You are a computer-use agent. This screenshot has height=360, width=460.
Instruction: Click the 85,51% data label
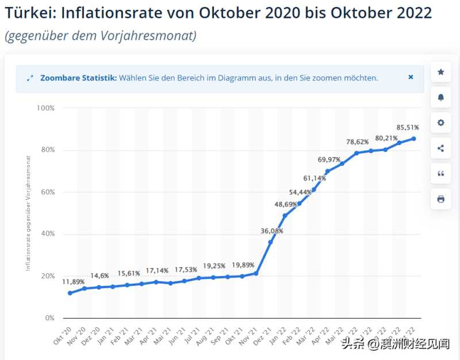coord(408,127)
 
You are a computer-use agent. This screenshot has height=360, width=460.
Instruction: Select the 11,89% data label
coord(74,282)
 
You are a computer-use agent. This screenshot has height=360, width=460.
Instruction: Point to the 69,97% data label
coord(329,159)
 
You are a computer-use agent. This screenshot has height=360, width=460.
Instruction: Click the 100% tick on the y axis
coord(45,108)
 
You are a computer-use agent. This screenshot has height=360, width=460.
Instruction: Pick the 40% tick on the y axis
coord(47,234)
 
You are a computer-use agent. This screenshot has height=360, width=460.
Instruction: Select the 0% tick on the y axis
coord(49,318)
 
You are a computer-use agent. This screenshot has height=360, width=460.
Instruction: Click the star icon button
coord(440,72)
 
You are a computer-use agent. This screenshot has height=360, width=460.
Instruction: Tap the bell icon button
coord(440,97)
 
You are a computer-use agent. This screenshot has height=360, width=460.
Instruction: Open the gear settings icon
coord(440,122)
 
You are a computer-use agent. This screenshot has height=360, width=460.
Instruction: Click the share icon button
coord(440,148)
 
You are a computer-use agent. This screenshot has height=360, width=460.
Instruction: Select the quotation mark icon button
coord(440,174)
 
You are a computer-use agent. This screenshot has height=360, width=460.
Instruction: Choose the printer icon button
coord(440,199)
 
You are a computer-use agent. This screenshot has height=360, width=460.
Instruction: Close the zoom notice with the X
coord(411,77)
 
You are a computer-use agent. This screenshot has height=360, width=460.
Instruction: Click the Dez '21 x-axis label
coord(263,335)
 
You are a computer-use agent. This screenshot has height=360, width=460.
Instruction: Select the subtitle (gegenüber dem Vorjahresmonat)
coord(101,36)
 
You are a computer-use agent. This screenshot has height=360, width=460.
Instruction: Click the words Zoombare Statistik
coord(79,78)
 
